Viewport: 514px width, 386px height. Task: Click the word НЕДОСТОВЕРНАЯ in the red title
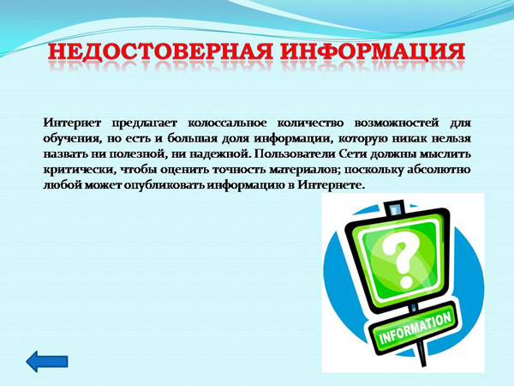click(x=161, y=51)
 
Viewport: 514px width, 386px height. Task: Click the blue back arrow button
click(x=47, y=361)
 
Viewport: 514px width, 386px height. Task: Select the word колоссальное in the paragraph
click(x=227, y=124)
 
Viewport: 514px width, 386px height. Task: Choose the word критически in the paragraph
click(x=79, y=170)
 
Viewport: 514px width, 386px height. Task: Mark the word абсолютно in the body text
click(x=439, y=170)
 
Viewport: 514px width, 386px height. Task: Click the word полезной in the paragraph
click(x=135, y=154)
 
